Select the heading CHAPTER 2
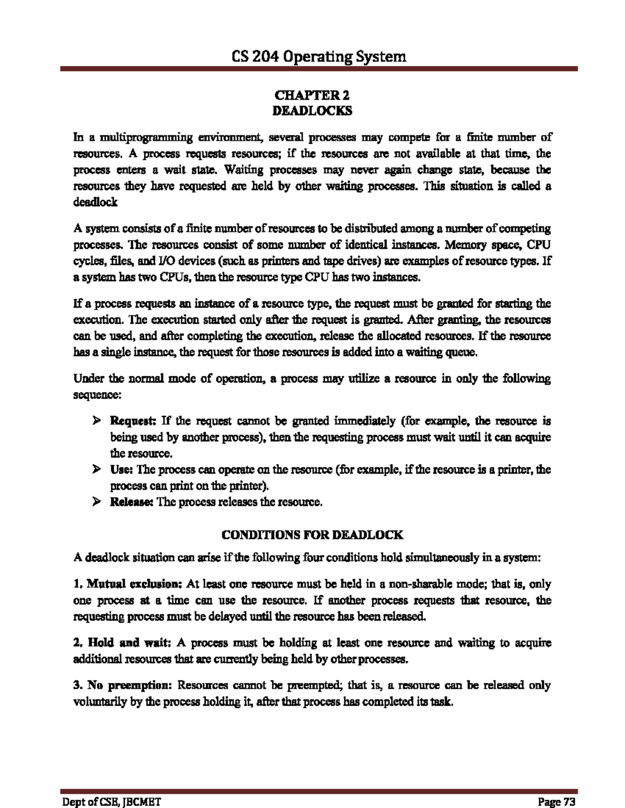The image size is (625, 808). pyautogui.click(x=312, y=95)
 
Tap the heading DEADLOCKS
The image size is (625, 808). pyautogui.click(x=312, y=111)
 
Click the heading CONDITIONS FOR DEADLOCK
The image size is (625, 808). pyautogui.click(x=312, y=535)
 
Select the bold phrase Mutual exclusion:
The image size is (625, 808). pyautogui.click(x=134, y=584)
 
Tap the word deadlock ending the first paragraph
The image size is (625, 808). pyautogui.click(x=95, y=202)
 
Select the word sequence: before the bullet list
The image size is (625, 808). pyautogui.click(x=97, y=395)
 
